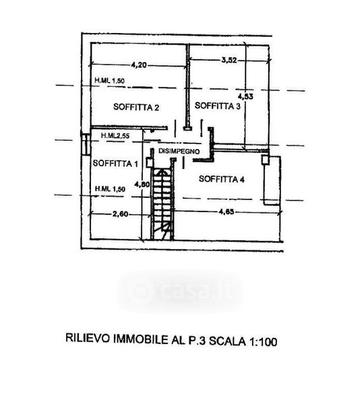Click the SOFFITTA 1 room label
point(115,164)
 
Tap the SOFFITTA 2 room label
point(136,107)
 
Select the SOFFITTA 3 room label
point(218,106)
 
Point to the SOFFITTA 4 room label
point(222,179)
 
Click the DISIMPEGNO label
point(179,151)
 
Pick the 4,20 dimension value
point(139,65)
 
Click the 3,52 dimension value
point(229,61)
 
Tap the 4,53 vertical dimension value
point(245,96)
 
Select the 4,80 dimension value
point(142,184)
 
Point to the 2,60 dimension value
point(121,214)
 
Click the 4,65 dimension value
point(227,212)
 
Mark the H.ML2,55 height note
point(115,135)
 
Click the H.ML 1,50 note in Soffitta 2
point(110,80)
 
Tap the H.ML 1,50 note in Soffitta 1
point(110,189)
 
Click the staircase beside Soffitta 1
point(162,203)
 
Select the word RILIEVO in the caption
point(88,338)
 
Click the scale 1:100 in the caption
point(263,342)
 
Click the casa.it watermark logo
point(181,292)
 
